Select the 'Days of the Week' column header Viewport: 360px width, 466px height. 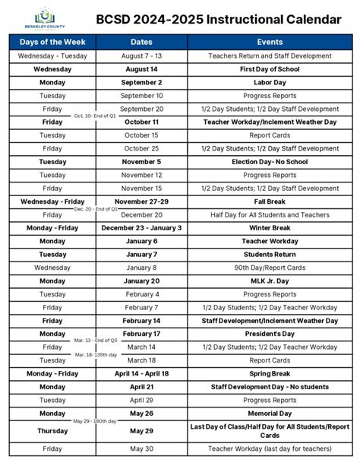point(52,43)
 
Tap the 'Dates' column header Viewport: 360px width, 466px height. point(142,43)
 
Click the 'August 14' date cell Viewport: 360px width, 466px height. point(142,69)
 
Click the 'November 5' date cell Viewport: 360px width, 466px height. point(142,162)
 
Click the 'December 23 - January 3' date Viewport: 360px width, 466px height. point(142,227)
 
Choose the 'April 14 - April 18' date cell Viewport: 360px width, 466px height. point(142,373)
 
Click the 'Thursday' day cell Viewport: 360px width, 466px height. point(52,430)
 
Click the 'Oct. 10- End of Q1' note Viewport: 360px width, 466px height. point(96,116)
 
